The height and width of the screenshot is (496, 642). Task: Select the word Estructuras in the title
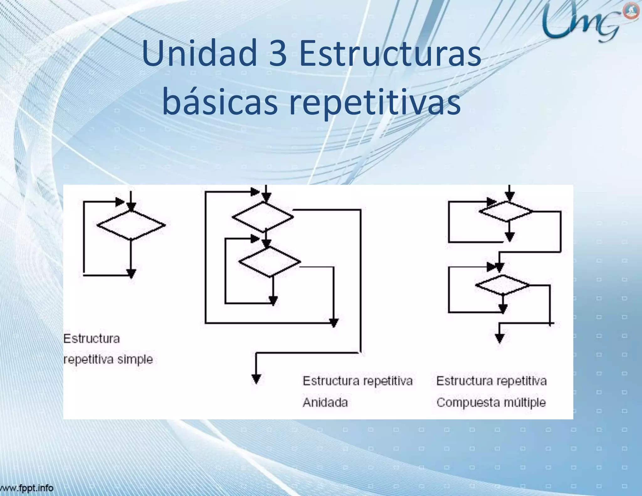390,53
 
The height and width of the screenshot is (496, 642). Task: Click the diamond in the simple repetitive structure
131,225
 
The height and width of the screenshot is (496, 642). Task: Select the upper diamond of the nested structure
263,217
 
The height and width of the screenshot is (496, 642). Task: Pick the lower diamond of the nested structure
270,261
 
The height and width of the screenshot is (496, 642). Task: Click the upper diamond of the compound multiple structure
506,212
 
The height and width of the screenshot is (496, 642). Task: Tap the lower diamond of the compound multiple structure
503,285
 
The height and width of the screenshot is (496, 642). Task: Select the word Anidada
325,402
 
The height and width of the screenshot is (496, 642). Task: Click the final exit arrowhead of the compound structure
500,338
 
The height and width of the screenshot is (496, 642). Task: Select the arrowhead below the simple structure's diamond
131,273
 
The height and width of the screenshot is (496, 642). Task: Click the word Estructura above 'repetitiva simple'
92,339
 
